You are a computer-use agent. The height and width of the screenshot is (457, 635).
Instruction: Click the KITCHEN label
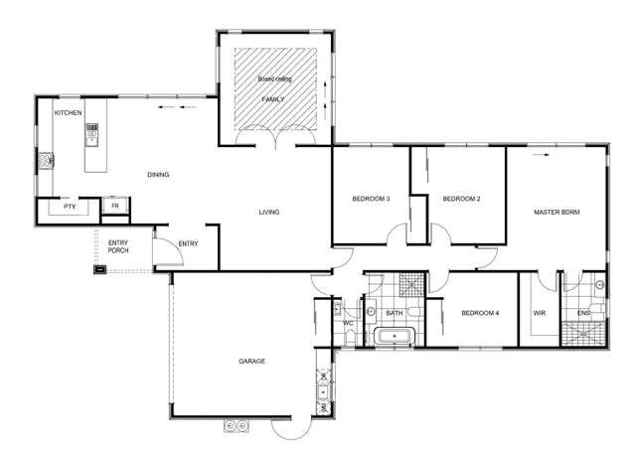(x=68, y=114)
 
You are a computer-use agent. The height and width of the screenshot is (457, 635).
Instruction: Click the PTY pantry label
(x=55, y=209)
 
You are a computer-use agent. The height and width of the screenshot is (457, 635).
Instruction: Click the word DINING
(x=158, y=175)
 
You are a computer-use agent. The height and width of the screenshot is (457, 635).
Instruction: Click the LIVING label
(x=268, y=212)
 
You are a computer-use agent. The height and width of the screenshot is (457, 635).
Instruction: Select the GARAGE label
(x=251, y=361)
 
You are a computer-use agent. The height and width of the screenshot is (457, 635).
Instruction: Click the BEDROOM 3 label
(x=370, y=199)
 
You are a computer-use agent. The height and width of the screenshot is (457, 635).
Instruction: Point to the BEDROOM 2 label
(x=461, y=199)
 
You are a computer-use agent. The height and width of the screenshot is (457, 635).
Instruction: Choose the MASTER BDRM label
(x=556, y=212)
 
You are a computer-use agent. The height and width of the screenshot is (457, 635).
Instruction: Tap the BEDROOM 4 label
(x=479, y=314)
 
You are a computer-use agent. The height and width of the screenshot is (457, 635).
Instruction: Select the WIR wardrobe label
(x=539, y=313)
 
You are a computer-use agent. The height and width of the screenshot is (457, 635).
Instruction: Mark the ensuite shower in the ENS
(x=582, y=332)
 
